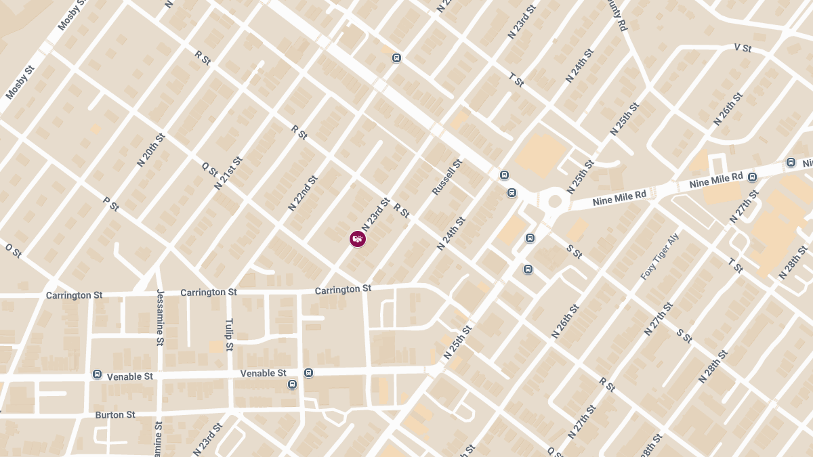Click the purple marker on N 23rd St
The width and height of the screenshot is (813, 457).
point(358,238)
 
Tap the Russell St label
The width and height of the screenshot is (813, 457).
point(447,177)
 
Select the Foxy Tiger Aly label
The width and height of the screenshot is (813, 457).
point(660,257)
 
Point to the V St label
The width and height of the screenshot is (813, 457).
point(743,48)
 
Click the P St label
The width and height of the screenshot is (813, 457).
point(110,204)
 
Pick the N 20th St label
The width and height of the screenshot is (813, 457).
point(150,150)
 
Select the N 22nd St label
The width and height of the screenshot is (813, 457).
point(302,194)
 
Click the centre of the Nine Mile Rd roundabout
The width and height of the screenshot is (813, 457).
point(555,200)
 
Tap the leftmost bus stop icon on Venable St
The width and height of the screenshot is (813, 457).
point(98,374)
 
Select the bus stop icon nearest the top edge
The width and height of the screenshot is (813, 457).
point(397,58)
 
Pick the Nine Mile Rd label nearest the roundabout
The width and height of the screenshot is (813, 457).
point(619,198)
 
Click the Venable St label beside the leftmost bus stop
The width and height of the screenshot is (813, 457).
point(131,376)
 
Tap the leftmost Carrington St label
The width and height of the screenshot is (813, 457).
point(75,295)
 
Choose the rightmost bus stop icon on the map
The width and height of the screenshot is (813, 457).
point(791,162)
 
